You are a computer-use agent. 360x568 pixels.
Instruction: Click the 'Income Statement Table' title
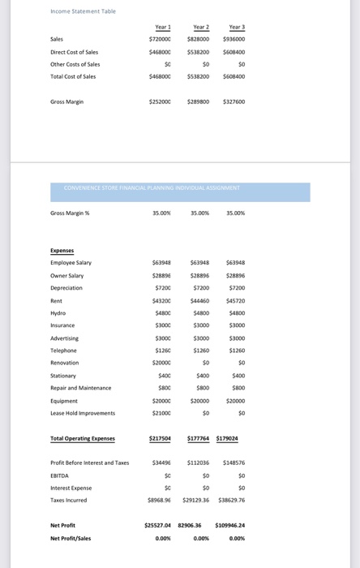(x=83, y=11)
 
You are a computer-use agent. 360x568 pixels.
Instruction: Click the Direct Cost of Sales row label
(x=74, y=52)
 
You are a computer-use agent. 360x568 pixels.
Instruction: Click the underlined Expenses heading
(x=62, y=251)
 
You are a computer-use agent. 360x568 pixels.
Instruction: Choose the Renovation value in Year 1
(x=161, y=363)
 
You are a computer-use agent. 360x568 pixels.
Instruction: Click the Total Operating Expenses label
(x=83, y=439)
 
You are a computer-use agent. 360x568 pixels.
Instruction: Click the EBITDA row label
(x=59, y=475)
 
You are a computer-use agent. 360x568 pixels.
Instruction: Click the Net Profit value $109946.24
(x=230, y=525)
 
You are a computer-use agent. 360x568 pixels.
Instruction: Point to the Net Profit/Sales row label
(x=71, y=538)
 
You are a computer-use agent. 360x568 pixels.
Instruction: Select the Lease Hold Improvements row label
(x=83, y=413)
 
